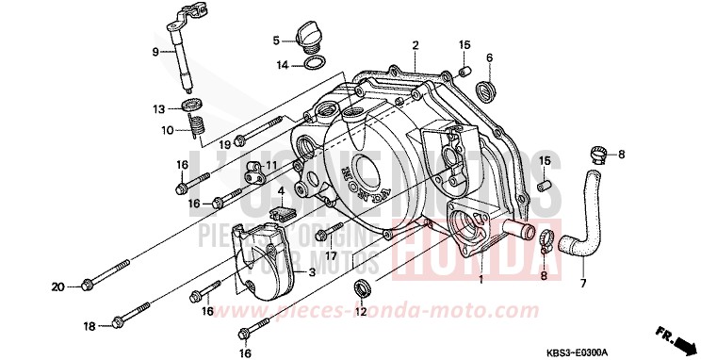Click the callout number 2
click(x=414, y=44)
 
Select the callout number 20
click(x=56, y=286)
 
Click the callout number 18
click(x=88, y=326)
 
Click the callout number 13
click(x=159, y=108)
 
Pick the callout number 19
click(x=225, y=144)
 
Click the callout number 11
click(x=270, y=166)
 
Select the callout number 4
click(x=281, y=192)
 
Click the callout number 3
click(x=313, y=272)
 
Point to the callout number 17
click(x=331, y=254)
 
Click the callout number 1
click(x=481, y=280)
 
